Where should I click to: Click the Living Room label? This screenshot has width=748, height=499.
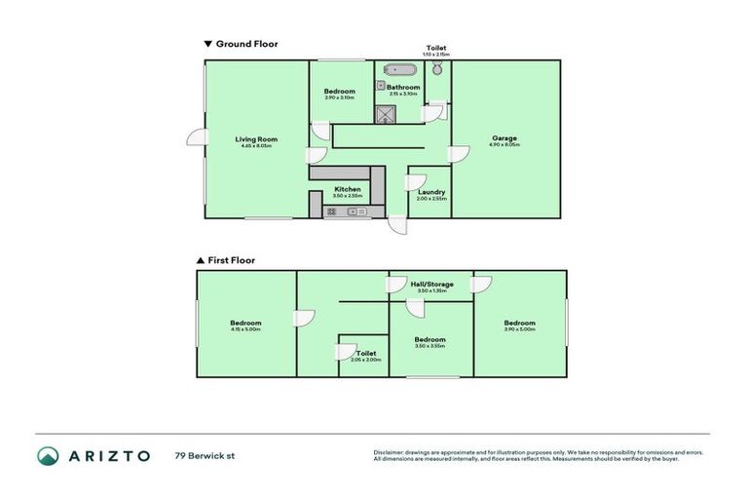coord(256,139)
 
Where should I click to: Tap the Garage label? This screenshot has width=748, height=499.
coord(504,138)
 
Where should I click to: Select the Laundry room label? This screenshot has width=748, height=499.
coord(431,192)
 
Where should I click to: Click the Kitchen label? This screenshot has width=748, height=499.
coord(348,189)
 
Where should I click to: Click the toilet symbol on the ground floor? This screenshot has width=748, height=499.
coord(438,70)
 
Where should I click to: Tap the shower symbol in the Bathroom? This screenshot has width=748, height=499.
coord(388,113)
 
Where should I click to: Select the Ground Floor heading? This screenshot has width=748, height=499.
coord(247,44)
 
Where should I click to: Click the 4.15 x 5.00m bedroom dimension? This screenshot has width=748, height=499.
coord(245,329)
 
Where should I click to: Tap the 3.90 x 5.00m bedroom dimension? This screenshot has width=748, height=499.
coord(519,329)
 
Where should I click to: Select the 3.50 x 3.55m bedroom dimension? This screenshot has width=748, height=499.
coord(430,346)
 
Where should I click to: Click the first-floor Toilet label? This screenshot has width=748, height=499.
coord(366,353)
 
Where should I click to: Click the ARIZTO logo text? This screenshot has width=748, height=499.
coord(107,455)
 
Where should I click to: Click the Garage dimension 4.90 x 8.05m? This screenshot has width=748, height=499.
coord(504,145)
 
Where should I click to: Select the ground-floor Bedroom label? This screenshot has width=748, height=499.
coord(339,92)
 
